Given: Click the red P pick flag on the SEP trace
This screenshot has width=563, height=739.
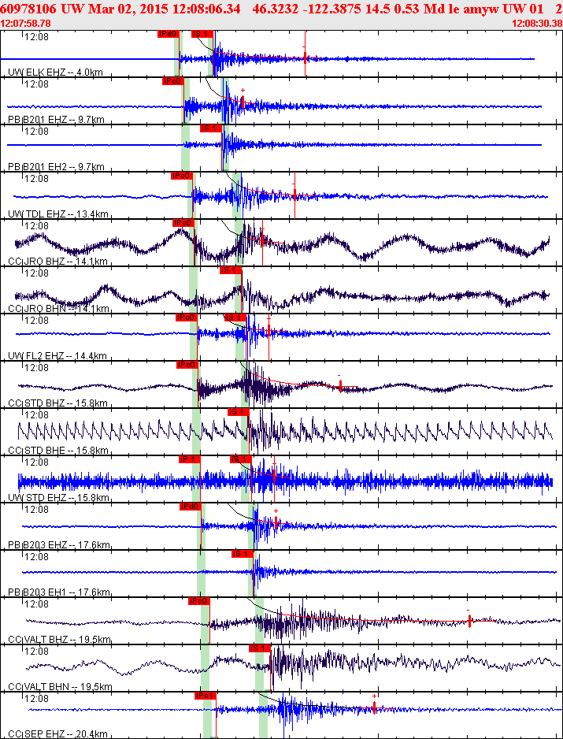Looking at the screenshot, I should (205, 696).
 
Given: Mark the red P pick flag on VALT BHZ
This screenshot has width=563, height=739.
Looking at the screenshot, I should (198, 601).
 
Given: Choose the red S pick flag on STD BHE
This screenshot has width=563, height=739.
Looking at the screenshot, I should (238, 412).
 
